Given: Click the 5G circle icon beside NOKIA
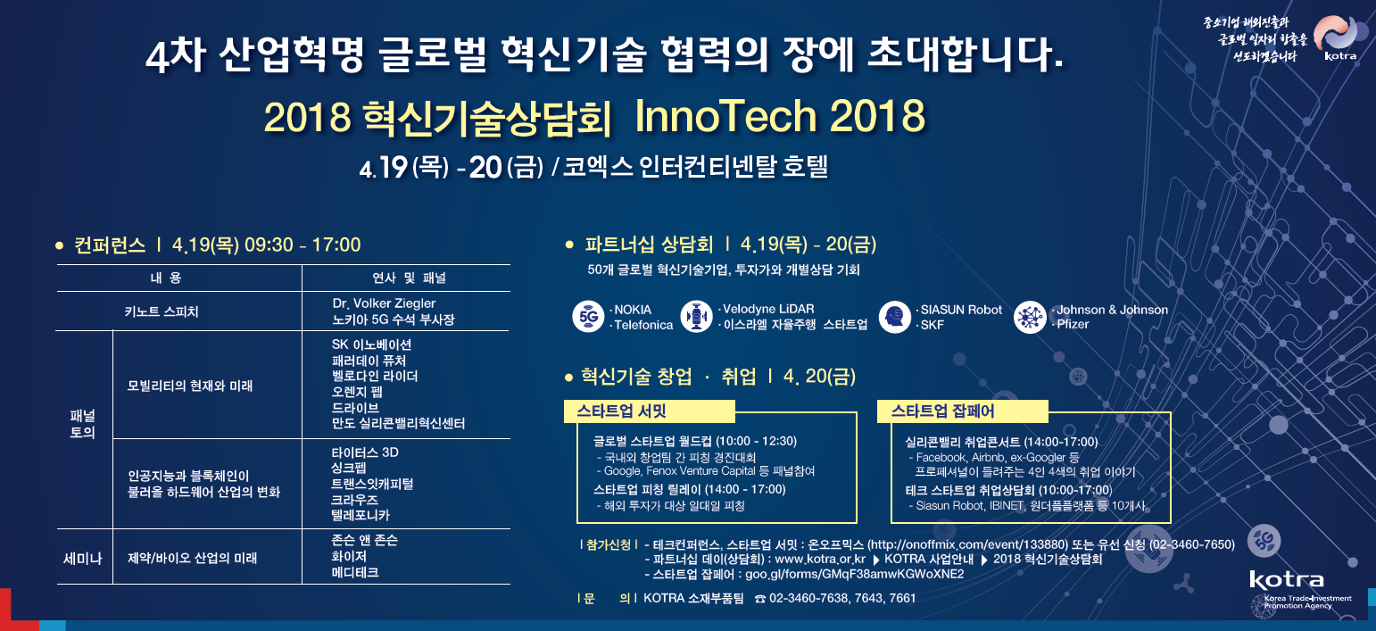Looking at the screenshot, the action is pos(588,317).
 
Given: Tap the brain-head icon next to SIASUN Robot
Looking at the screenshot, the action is pos(894,317).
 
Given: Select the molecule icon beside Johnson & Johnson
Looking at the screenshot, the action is pos(1030,317).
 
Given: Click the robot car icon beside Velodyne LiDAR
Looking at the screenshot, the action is pos(697,317).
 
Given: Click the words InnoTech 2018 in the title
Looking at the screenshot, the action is pos(780,115).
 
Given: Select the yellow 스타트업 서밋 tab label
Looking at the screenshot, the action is pos(621,411).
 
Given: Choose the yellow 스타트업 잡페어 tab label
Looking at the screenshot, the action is pos(942,411).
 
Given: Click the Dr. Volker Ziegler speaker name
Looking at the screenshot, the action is pos(384,303).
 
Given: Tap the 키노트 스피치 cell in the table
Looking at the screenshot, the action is pos(162,311).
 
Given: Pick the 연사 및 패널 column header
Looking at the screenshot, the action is pos(409,278).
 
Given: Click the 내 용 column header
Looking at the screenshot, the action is pos(166,278).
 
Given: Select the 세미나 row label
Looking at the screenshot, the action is pos(82,559).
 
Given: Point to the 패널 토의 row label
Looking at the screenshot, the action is pos(82,424).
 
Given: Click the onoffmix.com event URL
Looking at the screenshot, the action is pos(967,544).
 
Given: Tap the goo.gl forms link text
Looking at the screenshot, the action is pos(855,574).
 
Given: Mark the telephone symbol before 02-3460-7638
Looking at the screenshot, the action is pos(760,599).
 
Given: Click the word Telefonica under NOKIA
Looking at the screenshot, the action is pos(643,325).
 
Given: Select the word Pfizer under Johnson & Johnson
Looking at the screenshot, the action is pos(1073,324).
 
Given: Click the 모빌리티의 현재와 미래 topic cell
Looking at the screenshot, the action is pos(190,386).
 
